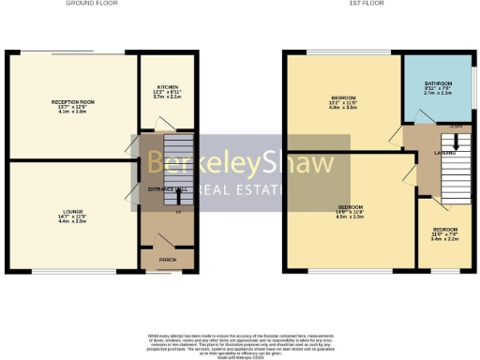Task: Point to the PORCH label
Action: coord(167,260)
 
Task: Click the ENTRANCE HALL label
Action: coord(168,189)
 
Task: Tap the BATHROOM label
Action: coord(438,83)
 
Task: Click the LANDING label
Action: coord(443,153)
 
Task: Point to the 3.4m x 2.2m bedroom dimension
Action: coord(445,239)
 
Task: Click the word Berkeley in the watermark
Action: coord(198,165)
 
